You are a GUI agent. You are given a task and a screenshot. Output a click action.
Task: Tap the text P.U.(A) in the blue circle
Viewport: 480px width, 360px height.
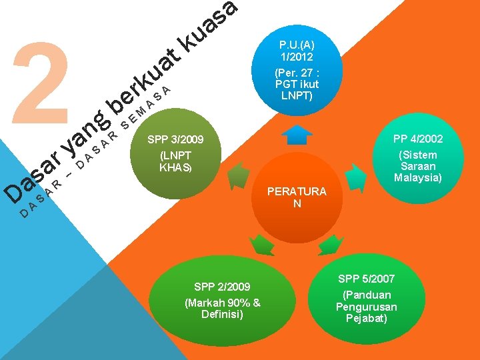click(297, 45)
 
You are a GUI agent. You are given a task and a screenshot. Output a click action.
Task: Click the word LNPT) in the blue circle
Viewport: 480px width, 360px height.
click(297, 96)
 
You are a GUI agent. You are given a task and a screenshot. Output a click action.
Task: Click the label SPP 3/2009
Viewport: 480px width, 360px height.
click(175, 141)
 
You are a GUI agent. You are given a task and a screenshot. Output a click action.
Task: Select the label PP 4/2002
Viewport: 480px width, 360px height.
click(418, 139)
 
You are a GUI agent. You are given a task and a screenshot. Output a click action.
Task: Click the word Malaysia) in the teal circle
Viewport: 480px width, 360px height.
click(418, 177)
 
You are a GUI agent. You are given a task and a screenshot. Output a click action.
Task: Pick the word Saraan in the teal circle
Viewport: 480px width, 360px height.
click(418, 166)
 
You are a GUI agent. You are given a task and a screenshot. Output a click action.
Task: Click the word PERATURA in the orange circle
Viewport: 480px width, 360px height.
click(297, 192)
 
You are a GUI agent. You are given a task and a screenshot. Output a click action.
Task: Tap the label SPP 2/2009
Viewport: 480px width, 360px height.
click(222, 287)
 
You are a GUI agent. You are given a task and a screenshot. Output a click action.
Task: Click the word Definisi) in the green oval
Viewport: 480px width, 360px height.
click(222, 313)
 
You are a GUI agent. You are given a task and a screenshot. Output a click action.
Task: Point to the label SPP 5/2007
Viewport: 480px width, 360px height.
click(366, 279)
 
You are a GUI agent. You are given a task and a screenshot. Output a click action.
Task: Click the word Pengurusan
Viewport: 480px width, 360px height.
click(366, 307)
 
